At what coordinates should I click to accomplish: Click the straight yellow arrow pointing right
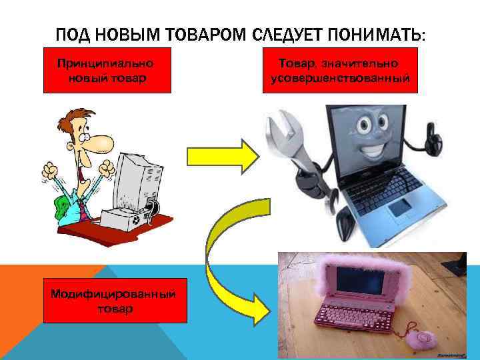pos(221,157)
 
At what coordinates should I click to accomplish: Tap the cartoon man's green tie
pos(65,203)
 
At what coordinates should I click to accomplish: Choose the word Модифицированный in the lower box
pos(113,294)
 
